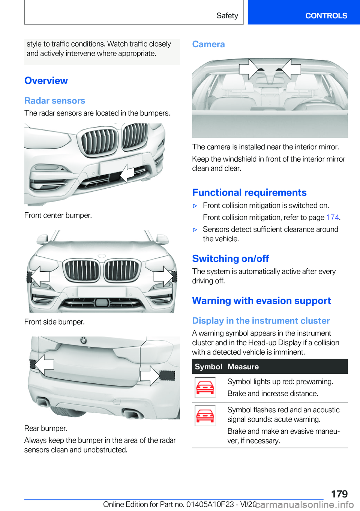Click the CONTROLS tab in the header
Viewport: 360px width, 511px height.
[x=326, y=16]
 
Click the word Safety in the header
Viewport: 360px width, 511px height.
[x=227, y=16]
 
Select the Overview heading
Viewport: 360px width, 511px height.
[x=46, y=81]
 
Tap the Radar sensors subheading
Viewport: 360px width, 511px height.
[x=55, y=101]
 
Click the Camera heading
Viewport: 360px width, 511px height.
[x=208, y=44]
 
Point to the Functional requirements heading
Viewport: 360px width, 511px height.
[x=249, y=192]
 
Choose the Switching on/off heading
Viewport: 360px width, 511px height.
[x=231, y=259]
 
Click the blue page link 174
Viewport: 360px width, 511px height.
[x=333, y=217]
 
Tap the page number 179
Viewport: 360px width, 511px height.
[x=339, y=494]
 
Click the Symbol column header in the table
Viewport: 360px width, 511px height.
[x=208, y=367]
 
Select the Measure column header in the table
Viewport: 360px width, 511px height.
[x=243, y=367]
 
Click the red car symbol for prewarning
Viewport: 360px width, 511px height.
[x=205, y=388]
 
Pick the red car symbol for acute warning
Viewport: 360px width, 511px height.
[x=205, y=416]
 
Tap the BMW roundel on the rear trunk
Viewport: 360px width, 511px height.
[x=83, y=340]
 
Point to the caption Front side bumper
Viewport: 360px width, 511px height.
[x=54, y=322]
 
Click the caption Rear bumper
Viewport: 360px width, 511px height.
[x=46, y=428]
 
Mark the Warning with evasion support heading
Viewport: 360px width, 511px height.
[x=261, y=301]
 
